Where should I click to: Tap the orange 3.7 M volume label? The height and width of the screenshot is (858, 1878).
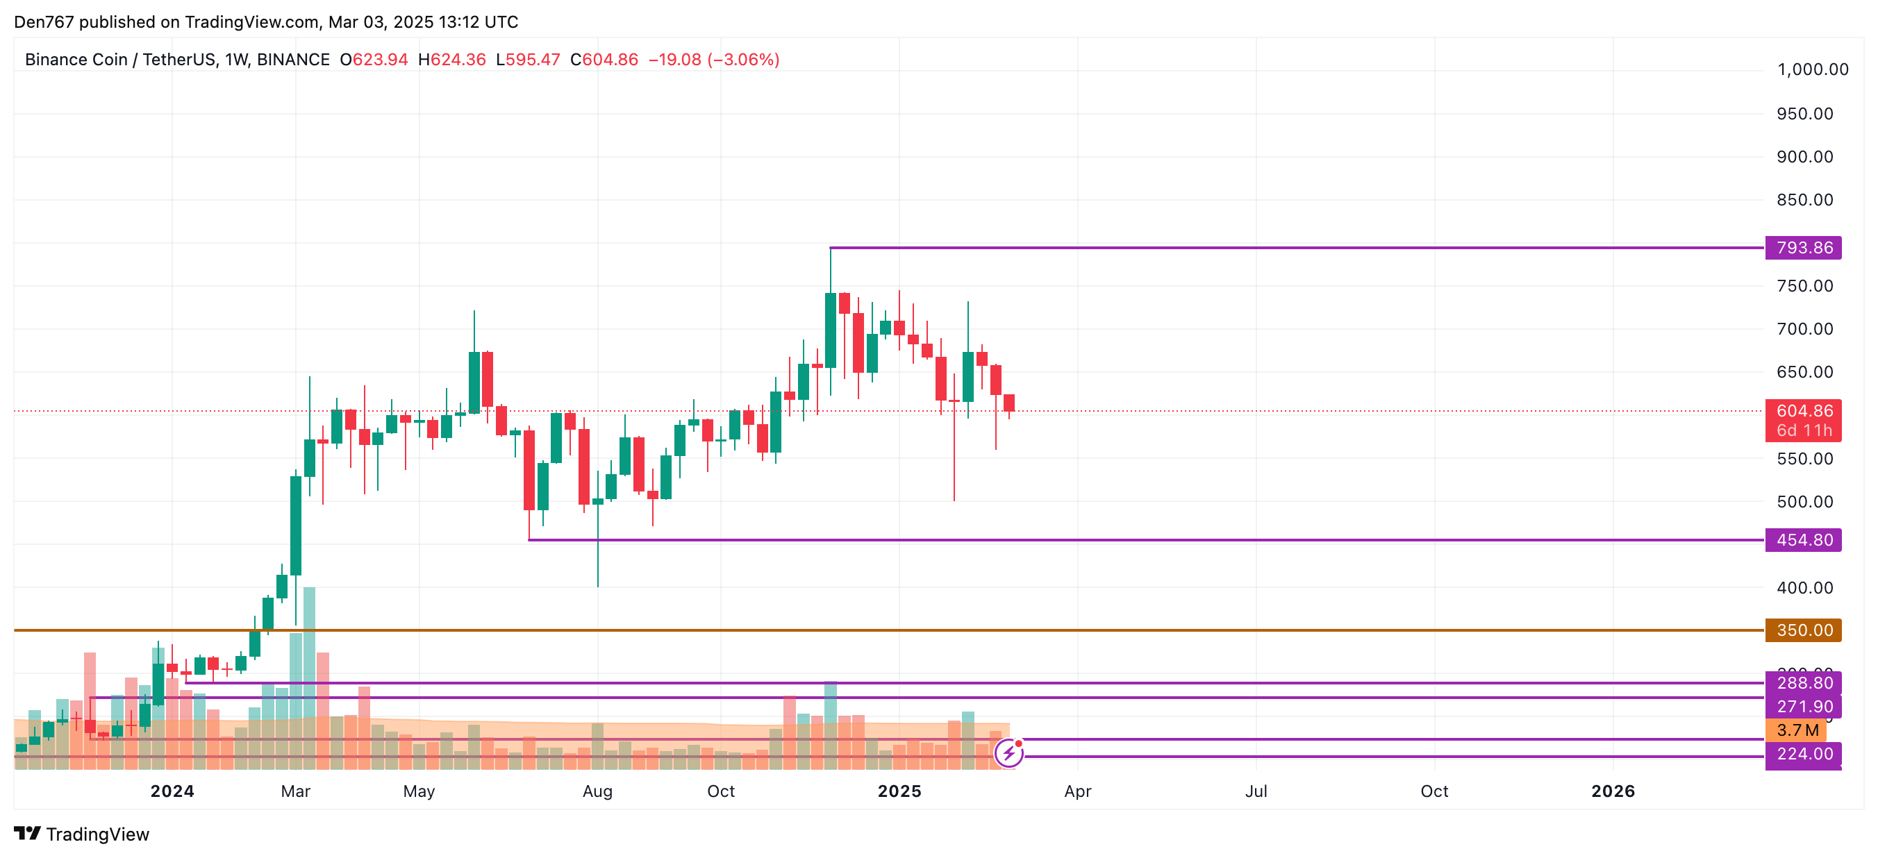click(1796, 730)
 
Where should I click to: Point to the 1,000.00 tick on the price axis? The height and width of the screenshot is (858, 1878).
click(1813, 70)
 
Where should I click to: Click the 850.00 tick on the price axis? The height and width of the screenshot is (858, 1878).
click(1804, 200)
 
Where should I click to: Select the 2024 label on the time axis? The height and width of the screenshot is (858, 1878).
click(172, 791)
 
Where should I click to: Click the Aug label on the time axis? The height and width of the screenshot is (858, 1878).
click(597, 791)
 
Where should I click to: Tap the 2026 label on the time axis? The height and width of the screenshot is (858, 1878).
click(1613, 791)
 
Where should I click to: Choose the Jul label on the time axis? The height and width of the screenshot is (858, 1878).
click(1256, 791)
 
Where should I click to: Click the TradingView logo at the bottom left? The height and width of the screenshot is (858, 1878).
click(82, 834)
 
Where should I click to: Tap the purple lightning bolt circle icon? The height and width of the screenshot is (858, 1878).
click(1009, 753)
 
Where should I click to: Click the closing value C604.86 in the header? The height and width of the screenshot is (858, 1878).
click(604, 60)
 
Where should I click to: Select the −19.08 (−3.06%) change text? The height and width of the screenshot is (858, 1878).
click(714, 60)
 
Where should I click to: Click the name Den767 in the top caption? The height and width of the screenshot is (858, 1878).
click(44, 22)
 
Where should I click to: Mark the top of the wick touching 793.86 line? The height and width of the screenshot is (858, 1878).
click(831, 249)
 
